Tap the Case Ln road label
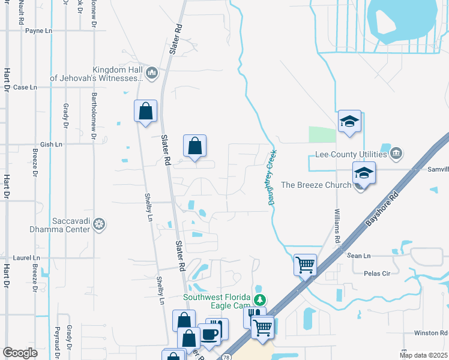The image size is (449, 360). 25,87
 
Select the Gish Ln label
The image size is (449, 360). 50,145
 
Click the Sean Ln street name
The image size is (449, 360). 360,255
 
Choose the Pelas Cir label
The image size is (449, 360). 377,272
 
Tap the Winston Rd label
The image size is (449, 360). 431,333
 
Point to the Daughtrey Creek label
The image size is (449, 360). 271,178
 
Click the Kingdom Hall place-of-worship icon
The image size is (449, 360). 151,73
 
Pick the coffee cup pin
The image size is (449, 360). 209,334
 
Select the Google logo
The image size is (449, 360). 20,353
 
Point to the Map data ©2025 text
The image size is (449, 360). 423,355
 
